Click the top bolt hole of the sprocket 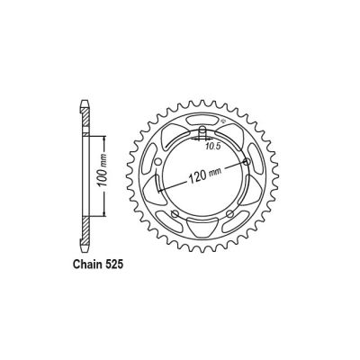click(199, 138)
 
